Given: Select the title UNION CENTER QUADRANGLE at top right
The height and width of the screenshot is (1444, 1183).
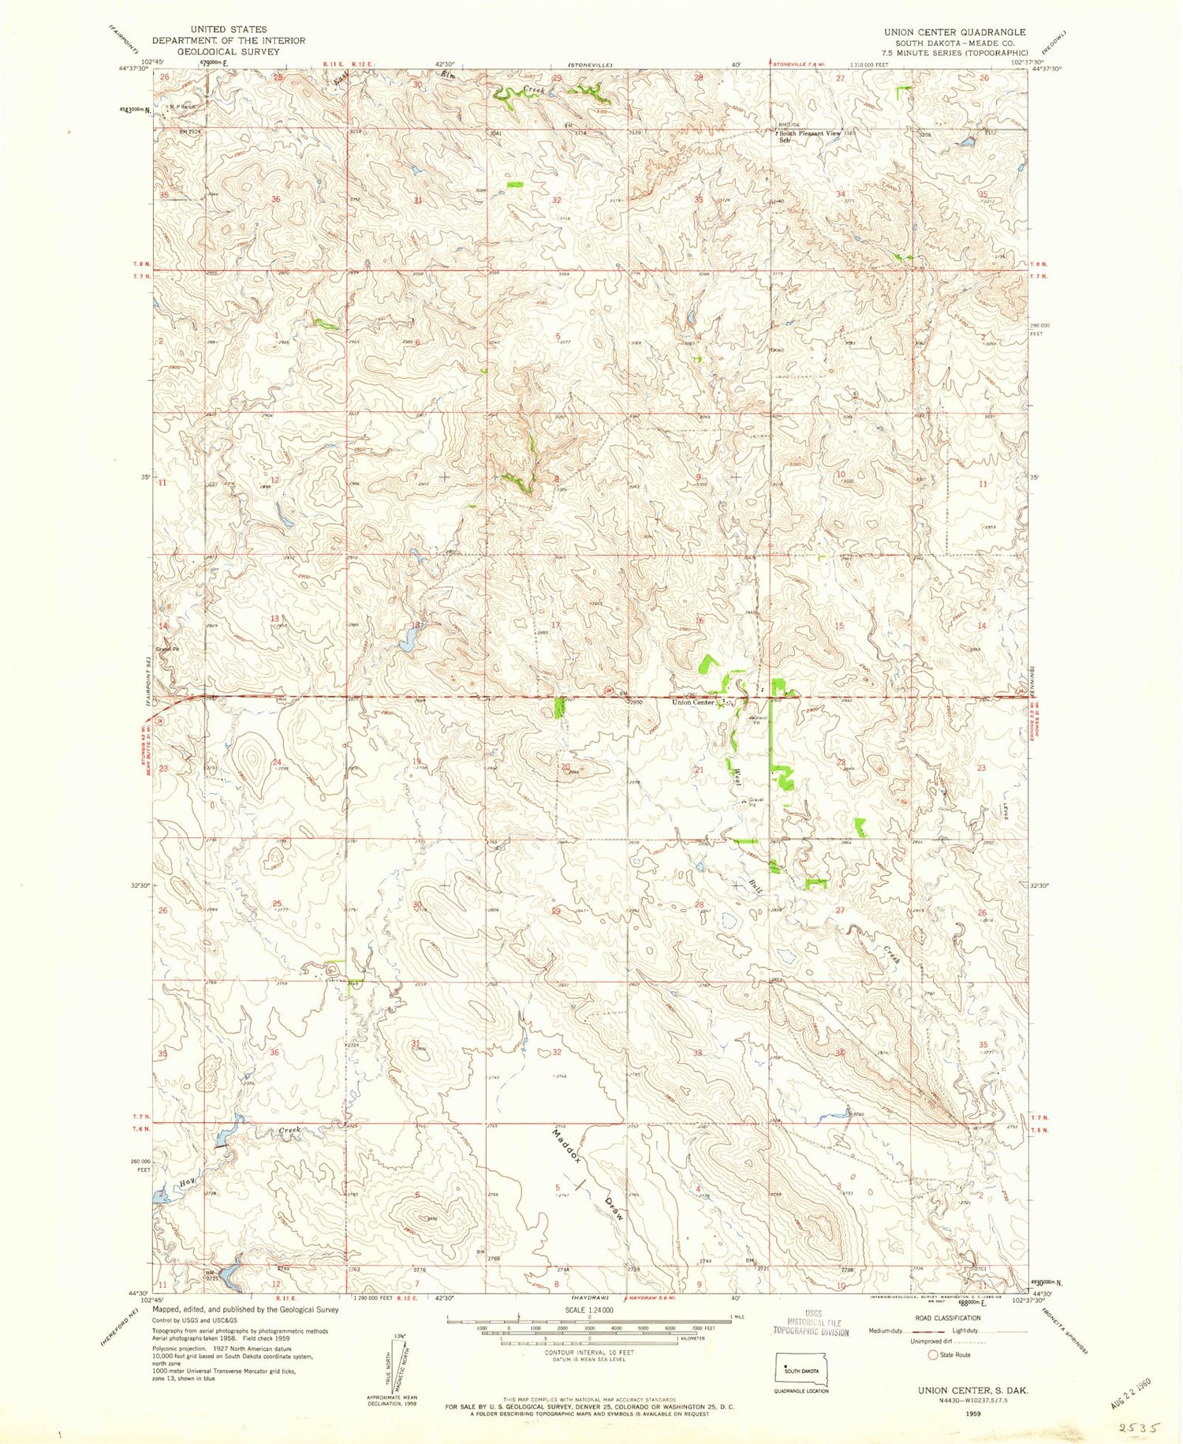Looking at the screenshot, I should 943,32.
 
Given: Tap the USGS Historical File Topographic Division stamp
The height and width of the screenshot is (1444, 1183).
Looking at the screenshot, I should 812,1322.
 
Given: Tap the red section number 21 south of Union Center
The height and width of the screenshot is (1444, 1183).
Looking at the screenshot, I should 698,769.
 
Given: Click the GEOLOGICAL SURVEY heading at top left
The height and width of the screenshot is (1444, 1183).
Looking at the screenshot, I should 228,51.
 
